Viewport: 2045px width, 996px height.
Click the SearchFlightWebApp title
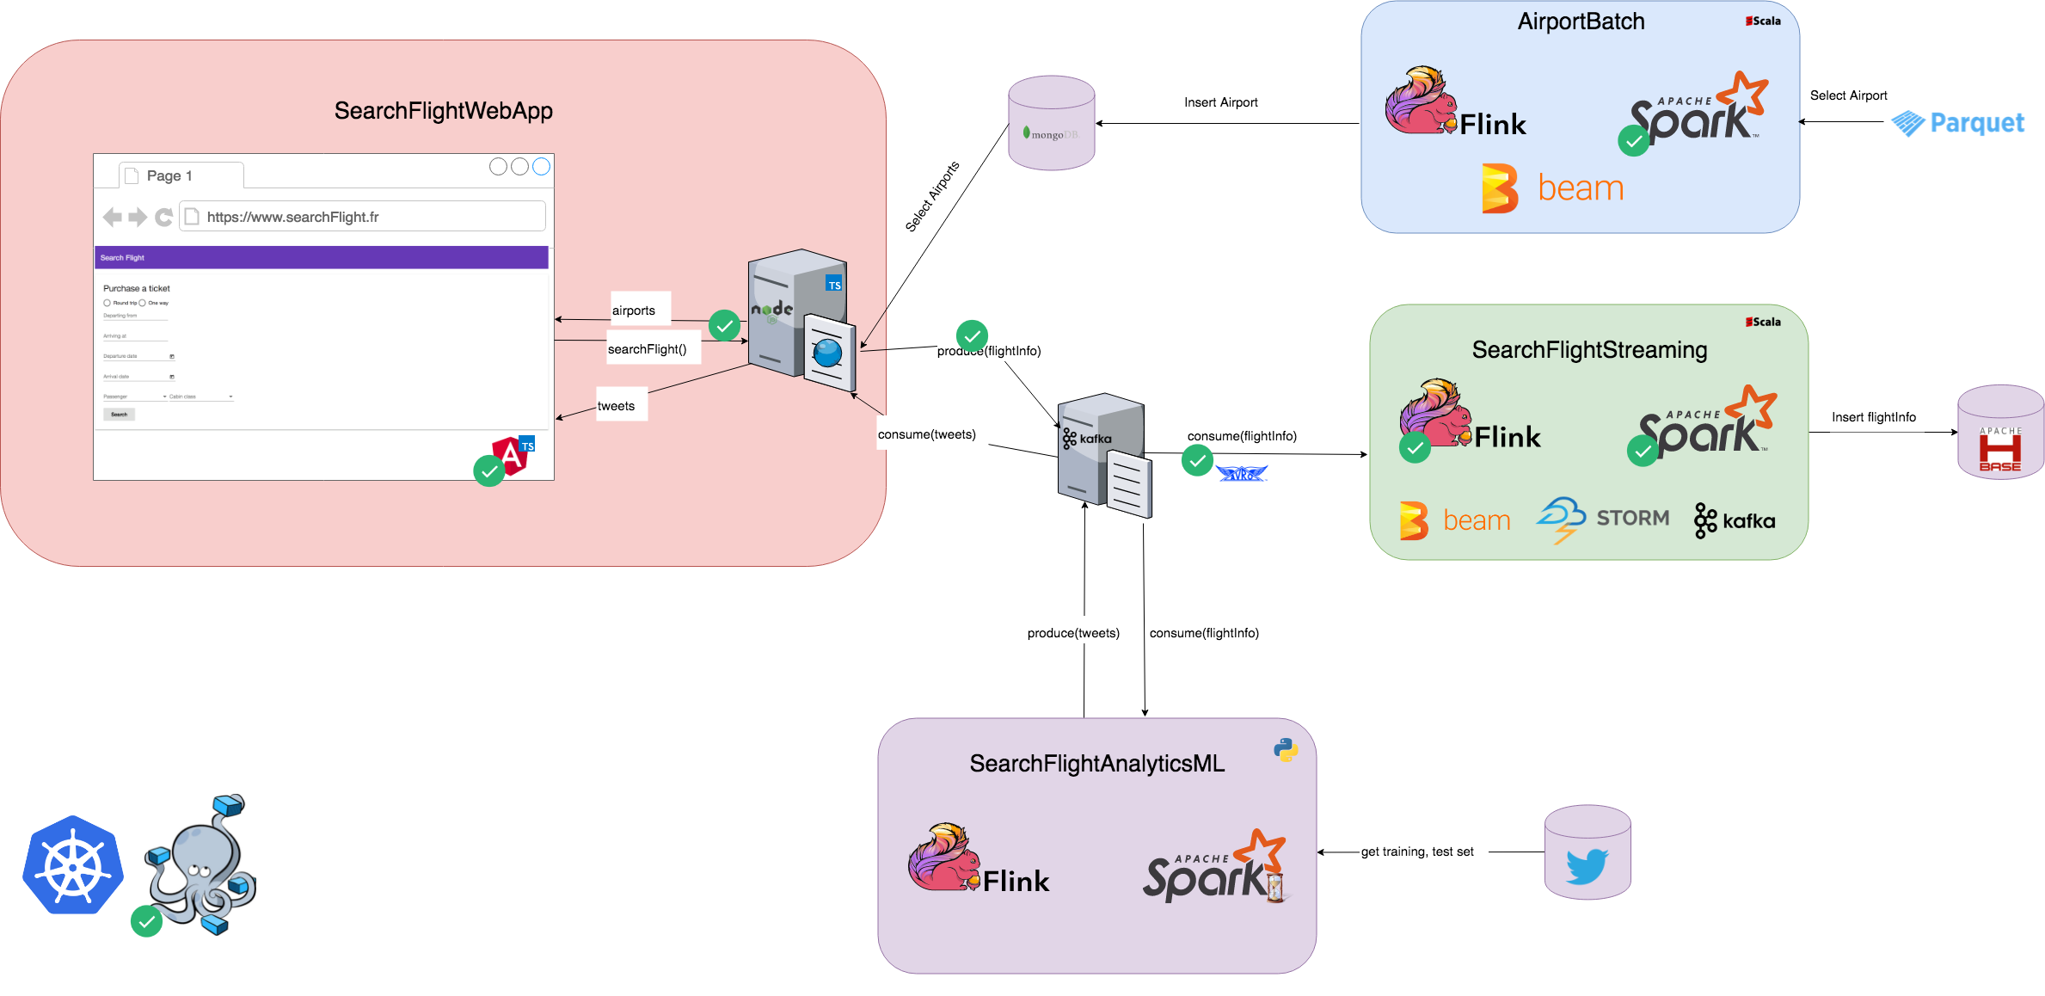(443, 111)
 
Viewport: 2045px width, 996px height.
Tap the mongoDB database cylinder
(1051, 123)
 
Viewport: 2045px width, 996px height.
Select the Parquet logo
(1958, 123)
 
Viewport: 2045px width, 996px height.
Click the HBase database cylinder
(2000, 433)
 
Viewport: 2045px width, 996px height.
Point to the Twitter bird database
(1587, 853)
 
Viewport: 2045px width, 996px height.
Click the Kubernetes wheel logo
(73, 864)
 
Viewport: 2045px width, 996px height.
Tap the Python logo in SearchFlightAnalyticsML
(1286, 750)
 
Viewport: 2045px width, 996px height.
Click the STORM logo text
(1631, 518)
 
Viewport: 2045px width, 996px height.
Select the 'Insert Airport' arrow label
(1220, 102)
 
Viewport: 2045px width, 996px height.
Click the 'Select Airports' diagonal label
(932, 197)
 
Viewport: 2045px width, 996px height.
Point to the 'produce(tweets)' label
(1073, 633)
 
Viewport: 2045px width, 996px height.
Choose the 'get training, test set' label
(1416, 852)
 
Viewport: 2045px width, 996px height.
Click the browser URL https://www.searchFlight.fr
(292, 217)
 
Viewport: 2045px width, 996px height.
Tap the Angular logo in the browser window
(511, 455)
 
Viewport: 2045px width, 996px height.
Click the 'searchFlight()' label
(647, 349)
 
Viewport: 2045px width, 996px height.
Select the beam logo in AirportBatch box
(1553, 188)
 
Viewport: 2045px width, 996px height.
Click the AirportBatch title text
(1581, 22)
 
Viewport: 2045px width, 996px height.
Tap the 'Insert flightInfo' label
(1873, 417)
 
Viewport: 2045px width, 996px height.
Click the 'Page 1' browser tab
(169, 175)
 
